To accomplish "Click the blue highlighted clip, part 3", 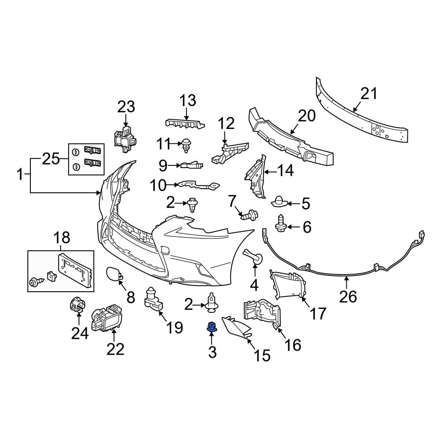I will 212,327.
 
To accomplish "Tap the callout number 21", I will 369,94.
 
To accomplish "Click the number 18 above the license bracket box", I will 61,238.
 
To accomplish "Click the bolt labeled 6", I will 280,223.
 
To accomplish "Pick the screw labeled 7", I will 250,216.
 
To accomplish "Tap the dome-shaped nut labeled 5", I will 279,202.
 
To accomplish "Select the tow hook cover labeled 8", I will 113,275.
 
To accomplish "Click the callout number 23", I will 126,106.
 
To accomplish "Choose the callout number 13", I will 187,101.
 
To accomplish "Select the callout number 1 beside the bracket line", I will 19,175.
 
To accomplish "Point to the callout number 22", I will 114,349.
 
